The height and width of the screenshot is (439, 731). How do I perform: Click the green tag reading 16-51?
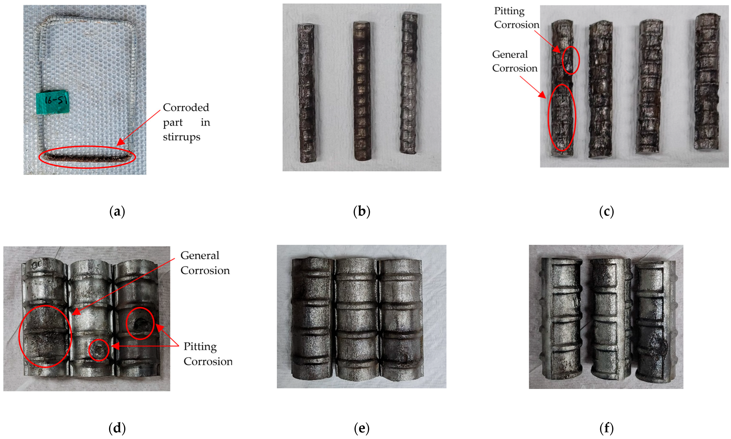click(53, 102)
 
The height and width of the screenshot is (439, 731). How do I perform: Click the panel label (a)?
click(117, 212)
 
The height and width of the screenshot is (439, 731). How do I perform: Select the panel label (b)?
click(362, 212)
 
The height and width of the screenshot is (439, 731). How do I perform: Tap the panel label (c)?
click(606, 212)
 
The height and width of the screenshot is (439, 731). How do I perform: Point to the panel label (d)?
click(117, 428)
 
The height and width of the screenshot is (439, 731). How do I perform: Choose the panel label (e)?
click(362, 428)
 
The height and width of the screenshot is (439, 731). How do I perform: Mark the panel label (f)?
click(606, 428)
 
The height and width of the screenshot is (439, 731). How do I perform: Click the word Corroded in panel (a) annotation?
click(186, 108)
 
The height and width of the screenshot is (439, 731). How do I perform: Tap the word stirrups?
click(181, 137)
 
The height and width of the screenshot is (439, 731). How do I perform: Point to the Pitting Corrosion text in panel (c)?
click(517, 18)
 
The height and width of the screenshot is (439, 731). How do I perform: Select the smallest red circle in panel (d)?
click(99, 350)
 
